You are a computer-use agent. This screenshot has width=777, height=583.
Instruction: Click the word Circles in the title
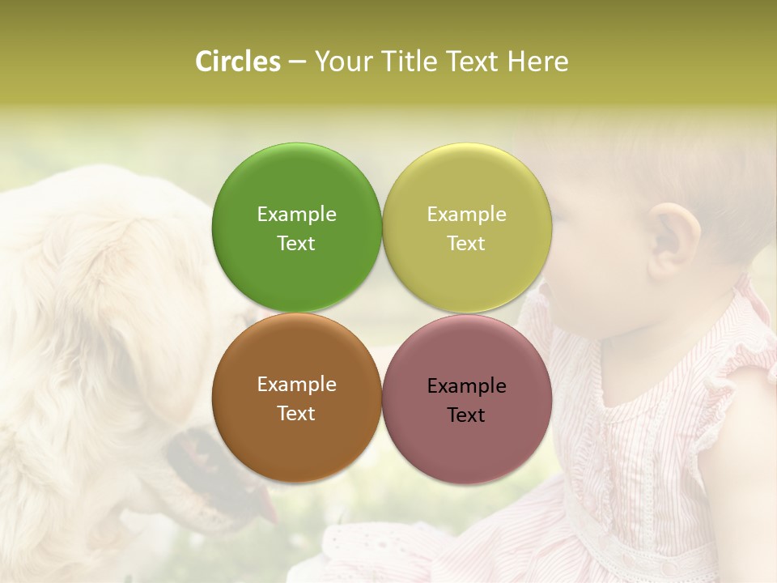[238, 62]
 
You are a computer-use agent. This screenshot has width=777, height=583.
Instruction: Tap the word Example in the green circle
[296, 214]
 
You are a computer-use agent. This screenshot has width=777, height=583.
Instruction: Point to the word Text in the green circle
[296, 243]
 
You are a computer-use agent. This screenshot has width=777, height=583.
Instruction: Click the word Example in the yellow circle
[466, 214]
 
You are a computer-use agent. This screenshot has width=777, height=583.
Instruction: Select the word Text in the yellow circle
[466, 243]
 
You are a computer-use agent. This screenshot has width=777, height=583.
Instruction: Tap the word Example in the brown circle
[296, 384]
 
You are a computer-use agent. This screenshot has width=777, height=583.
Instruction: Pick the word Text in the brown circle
[296, 413]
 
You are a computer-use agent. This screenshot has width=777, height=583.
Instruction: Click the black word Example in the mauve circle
[466, 385]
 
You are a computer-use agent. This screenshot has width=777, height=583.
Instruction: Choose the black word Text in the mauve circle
[466, 415]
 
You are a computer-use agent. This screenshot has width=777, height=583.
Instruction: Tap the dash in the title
[297, 62]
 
